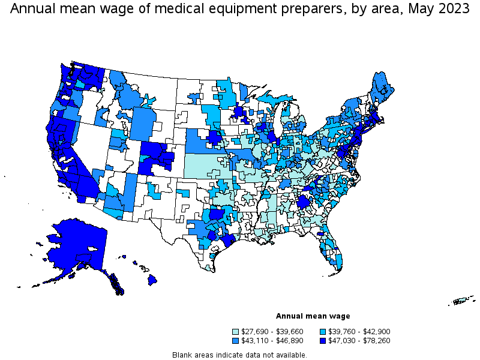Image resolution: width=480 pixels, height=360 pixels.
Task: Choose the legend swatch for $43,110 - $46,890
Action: [236, 341]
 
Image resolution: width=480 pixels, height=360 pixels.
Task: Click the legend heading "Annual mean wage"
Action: [313, 316]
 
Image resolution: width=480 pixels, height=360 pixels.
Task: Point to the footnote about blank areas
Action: [239, 355]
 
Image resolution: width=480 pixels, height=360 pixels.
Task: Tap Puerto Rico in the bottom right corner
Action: [462, 301]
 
